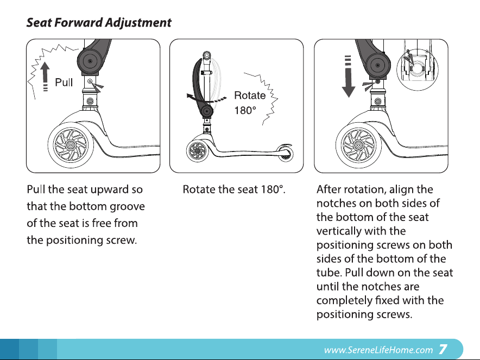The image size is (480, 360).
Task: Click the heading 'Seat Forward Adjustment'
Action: coord(99,23)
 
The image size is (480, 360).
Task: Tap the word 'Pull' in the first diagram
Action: coord(64,83)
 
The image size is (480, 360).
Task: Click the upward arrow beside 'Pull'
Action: coord(45,76)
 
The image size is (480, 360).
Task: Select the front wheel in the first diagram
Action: coord(71,145)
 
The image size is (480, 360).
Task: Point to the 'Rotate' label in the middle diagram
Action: coord(250,95)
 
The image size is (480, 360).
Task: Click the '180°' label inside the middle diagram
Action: coord(245,110)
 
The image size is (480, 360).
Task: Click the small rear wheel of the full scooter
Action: coord(285,154)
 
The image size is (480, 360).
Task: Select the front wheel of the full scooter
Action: coord(198,150)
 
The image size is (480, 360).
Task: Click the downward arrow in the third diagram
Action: coord(348,76)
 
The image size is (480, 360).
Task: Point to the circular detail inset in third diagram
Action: coord(417,69)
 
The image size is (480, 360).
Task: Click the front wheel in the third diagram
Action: coord(358,145)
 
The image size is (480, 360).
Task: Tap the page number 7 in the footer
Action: coord(443,349)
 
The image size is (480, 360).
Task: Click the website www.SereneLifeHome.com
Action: coord(378,350)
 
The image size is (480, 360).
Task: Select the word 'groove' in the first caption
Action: coord(127,207)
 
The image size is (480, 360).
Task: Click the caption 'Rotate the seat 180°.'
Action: coord(234,190)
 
